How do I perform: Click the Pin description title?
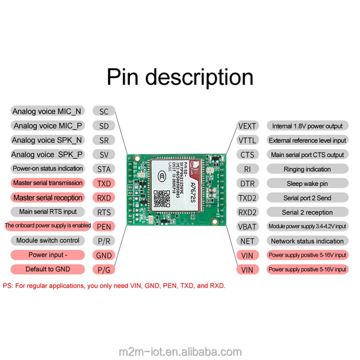coord(180,77)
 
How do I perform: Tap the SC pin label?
coord(104,112)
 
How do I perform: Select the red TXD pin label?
coord(104,184)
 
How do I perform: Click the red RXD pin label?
coord(104,198)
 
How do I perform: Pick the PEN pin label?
coord(104,226)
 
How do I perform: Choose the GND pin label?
coord(104,255)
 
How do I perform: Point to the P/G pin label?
coord(104,270)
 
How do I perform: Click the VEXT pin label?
coord(247,126)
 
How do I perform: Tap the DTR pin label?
coord(247,184)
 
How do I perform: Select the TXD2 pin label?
coord(247,198)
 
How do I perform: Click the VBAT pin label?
coord(247,226)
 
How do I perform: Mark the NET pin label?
coord(247,241)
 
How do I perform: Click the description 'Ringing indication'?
coord(307,169)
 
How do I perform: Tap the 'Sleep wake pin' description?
coord(307,184)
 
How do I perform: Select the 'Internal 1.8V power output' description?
coord(307,126)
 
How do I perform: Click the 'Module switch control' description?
coord(48,240)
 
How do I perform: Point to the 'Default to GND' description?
coord(48,269)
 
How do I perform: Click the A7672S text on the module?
coord(193,180)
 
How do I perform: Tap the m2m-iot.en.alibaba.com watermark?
coord(180,351)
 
